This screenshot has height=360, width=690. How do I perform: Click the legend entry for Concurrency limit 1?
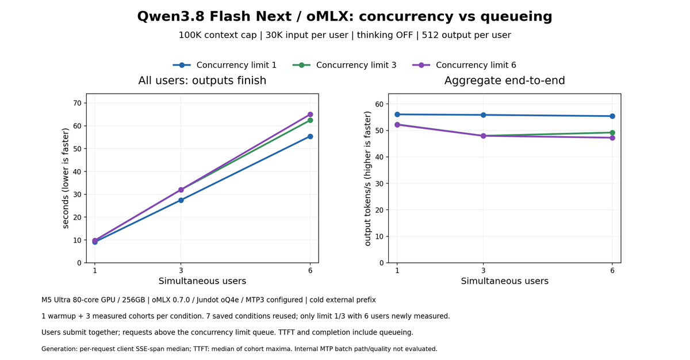225,65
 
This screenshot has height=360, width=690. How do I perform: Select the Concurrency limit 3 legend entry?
344,65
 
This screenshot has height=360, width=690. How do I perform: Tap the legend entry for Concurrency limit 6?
464,65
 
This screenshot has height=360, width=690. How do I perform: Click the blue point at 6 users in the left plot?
310,136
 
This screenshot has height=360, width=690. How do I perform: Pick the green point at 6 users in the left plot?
310,120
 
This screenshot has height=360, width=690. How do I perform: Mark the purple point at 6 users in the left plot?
310,114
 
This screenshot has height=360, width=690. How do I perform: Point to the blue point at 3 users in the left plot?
181,200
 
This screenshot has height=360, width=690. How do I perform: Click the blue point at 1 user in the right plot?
397,114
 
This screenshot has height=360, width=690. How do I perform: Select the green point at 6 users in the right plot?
612,133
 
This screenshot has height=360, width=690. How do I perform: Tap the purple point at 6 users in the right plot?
612,138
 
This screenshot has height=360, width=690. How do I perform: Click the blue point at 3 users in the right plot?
484,115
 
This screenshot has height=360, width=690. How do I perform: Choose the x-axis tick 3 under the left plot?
181,271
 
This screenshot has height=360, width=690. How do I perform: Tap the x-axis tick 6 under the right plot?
612,271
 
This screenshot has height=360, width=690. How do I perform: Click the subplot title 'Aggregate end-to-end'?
505,81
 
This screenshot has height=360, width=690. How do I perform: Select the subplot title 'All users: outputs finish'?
202,81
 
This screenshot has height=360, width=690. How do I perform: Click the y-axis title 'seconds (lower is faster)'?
66,178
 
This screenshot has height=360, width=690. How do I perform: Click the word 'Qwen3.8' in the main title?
171,17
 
